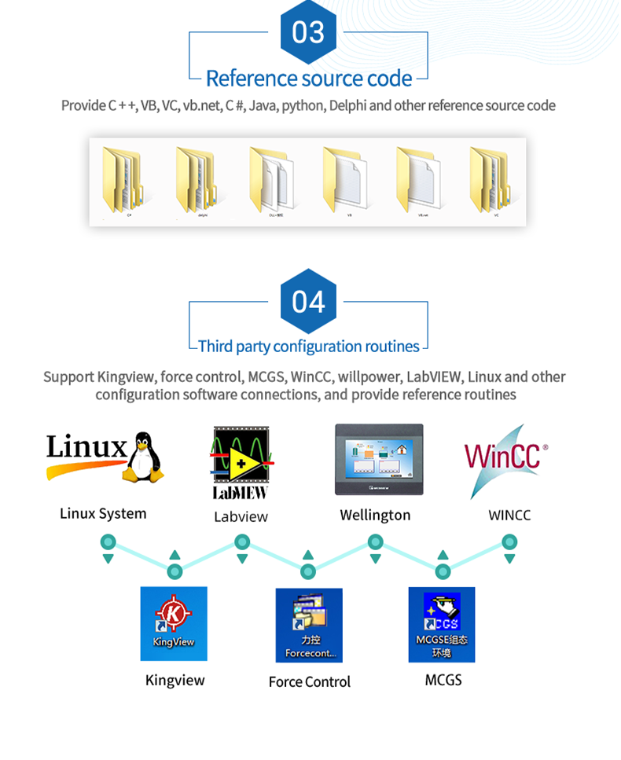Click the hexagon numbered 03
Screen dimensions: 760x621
[308, 32]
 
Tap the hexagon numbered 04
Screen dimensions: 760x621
[308, 302]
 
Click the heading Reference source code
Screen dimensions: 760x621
[308, 79]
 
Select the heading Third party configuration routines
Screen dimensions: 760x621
[308, 347]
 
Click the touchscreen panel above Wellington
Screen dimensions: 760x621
[379, 459]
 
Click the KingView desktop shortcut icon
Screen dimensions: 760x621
[174, 623]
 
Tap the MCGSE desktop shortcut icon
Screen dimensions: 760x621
[442, 624]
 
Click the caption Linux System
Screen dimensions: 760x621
[103, 514]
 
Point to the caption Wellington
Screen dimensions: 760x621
[375, 516]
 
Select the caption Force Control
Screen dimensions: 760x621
[310, 682]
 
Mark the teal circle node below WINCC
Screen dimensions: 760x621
[509, 542]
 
